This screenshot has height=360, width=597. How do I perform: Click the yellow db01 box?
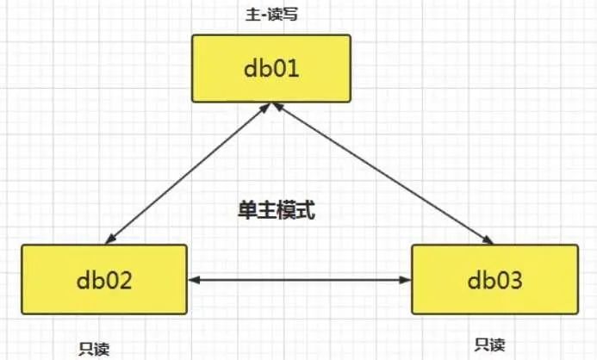(x=271, y=66)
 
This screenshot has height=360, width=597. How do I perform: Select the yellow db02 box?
(x=103, y=279)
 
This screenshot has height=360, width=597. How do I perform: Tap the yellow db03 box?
(x=493, y=279)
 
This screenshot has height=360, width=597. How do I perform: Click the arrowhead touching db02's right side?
(x=194, y=279)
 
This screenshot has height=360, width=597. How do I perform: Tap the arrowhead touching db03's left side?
(x=405, y=279)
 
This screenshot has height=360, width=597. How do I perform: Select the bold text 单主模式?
(x=277, y=209)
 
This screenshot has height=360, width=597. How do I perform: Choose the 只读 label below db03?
(x=489, y=344)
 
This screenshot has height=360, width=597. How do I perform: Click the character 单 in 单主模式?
(x=247, y=209)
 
